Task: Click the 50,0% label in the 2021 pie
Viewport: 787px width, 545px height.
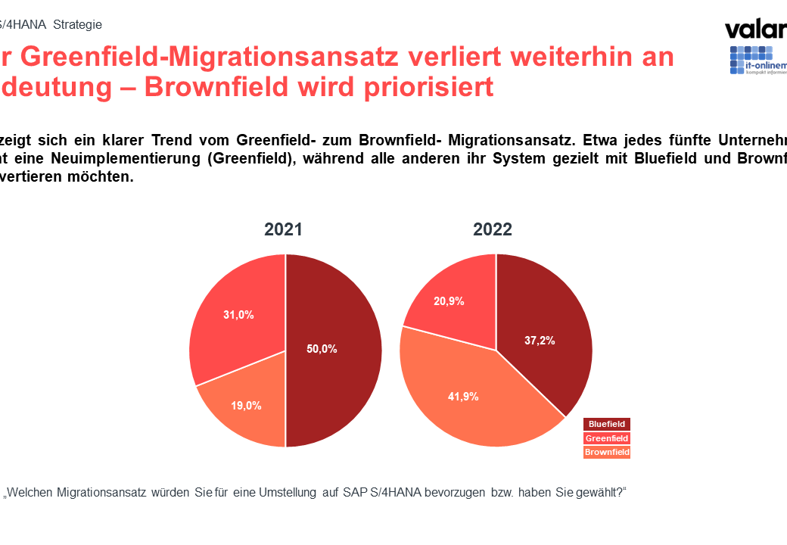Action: (322, 349)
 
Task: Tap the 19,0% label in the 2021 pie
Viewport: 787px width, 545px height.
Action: (246, 406)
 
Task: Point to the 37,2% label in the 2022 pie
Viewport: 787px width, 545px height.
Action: (540, 341)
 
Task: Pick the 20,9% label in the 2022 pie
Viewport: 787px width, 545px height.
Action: (449, 301)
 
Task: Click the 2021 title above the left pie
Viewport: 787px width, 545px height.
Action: (283, 229)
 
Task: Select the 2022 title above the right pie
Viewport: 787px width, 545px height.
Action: (493, 229)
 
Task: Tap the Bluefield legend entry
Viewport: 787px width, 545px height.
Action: (607, 425)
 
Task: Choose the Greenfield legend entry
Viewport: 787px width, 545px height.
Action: (607, 438)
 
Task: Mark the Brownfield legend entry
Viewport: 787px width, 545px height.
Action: (607, 452)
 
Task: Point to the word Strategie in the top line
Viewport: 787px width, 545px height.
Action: (77, 24)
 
